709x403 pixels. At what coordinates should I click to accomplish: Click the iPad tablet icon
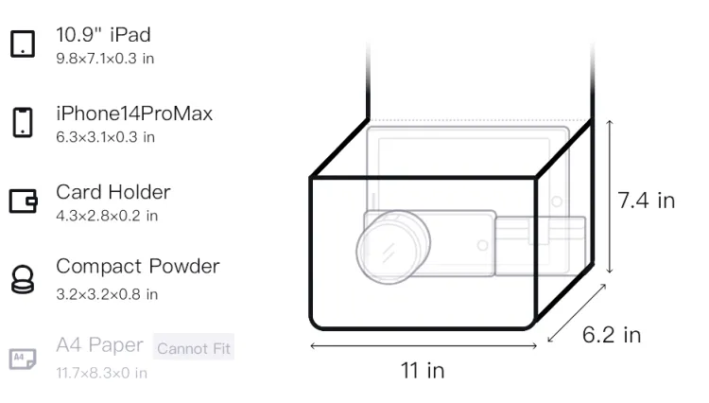(23, 44)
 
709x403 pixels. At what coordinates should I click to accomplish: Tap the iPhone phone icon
(23, 122)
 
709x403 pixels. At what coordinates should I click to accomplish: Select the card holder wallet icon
(23, 201)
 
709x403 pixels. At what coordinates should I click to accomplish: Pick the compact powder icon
(23, 279)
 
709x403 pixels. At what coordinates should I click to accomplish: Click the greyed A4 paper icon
(23, 359)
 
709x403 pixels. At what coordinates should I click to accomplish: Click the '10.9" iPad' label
(103, 35)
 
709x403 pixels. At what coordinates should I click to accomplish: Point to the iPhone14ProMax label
(134, 114)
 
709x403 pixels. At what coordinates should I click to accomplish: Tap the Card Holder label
(113, 192)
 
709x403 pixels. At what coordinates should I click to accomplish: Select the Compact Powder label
(137, 267)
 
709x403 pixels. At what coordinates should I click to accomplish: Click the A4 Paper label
(99, 345)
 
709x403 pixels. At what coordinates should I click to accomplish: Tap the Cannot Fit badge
(194, 348)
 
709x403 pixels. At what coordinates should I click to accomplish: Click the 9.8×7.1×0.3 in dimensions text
(105, 59)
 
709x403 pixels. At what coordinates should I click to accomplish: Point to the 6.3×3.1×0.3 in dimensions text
(105, 137)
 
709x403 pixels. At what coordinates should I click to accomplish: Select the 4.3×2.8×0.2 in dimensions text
(107, 216)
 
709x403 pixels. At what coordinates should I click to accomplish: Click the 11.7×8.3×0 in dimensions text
(101, 373)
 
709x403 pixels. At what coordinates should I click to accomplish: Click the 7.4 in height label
(647, 201)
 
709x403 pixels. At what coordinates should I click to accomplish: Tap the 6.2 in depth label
(612, 335)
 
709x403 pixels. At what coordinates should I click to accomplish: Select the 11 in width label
(423, 371)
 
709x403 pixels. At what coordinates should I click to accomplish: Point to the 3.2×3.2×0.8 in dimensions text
(107, 294)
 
